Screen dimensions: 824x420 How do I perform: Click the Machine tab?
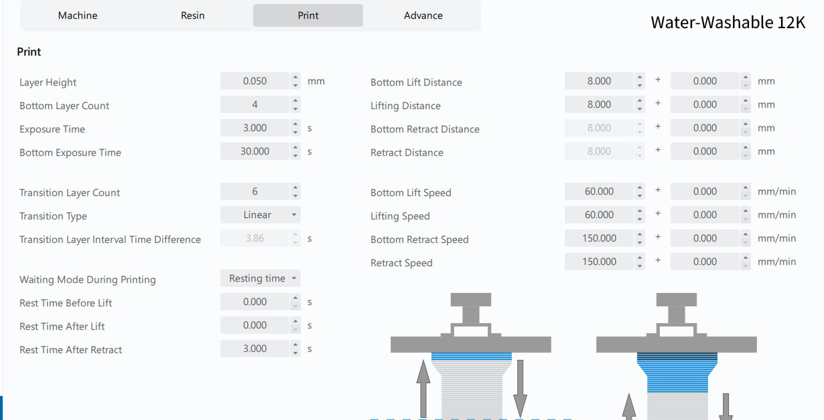(x=78, y=15)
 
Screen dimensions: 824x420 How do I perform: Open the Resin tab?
(x=193, y=15)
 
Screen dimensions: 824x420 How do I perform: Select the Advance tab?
(x=423, y=15)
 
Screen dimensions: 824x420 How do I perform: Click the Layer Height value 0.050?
(x=255, y=81)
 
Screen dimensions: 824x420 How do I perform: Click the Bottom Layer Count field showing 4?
(x=255, y=104)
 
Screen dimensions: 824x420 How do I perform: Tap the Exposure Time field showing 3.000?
(x=255, y=128)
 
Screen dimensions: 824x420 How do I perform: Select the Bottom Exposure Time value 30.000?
(x=255, y=151)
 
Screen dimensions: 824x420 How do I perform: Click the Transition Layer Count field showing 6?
(x=255, y=191)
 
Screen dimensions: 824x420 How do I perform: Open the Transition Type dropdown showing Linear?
(x=261, y=215)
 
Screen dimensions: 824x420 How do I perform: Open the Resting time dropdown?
(x=261, y=278)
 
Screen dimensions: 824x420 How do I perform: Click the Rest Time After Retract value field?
(x=255, y=348)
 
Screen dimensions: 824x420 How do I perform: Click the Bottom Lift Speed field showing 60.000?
(x=599, y=191)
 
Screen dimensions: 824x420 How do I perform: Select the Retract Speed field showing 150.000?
(x=599, y=261)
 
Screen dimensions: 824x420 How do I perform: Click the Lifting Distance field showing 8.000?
(x=599, y=104)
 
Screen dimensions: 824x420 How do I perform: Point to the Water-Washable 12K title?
(x=728, y=22)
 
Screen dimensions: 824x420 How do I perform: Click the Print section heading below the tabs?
(x=29, y=51)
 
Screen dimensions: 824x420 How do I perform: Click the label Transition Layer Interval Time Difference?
(x=110, y=239)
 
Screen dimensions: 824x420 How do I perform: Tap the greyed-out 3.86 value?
(x=255, y=238)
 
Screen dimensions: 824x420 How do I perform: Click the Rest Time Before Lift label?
(x=66, y=303)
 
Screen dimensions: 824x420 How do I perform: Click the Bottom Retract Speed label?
(x=419, y=239)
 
